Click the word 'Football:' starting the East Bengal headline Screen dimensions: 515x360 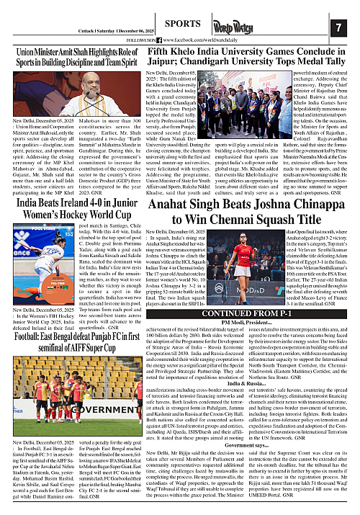click(x=24, y=334)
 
